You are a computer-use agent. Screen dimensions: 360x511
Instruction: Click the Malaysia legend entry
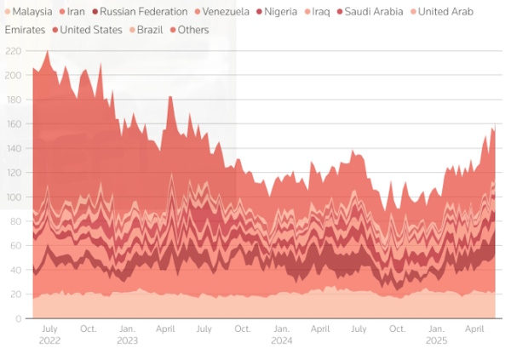[32, 12]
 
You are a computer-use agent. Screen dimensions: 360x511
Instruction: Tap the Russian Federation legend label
[143, 12]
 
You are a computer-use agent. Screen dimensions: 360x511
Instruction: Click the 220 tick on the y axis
[14, 51]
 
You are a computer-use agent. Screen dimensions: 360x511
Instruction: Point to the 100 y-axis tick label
[14, 197]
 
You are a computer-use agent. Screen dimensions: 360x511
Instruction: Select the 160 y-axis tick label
[14, 124]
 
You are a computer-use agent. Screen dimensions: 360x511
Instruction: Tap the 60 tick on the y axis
[16, 245]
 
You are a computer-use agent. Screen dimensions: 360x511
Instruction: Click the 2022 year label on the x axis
[49, 340]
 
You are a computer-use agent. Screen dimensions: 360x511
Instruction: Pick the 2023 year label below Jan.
[127, 340]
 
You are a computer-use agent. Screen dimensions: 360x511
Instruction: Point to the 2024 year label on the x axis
[281, 340]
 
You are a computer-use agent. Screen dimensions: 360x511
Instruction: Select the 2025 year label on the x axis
[437, 340]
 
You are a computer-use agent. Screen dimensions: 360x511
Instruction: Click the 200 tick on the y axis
[14, 76]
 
